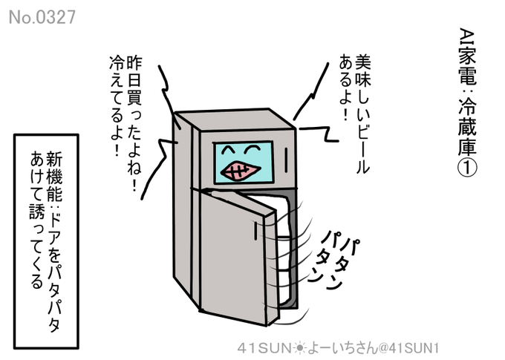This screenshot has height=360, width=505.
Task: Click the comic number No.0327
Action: coord(42,17)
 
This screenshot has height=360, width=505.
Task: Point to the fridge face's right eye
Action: coord(256,148)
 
